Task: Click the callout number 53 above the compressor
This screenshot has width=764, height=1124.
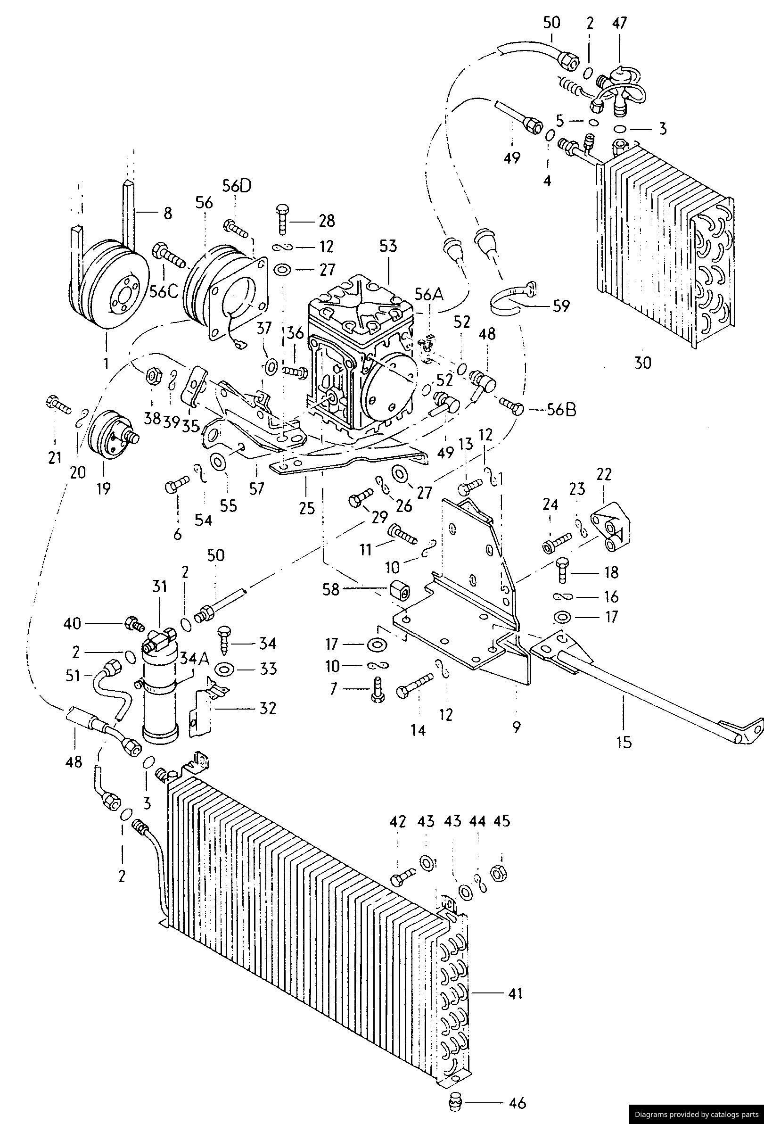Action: tap(388, 246)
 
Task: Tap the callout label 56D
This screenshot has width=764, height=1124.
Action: tap(238, 186)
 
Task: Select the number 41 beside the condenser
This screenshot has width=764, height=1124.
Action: tap(515, 994)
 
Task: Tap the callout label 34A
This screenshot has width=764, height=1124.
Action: tap(194, 658)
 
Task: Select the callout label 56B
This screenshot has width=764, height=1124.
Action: tap(561, 410)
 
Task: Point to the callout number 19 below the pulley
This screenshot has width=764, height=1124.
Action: tap(103, 488)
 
